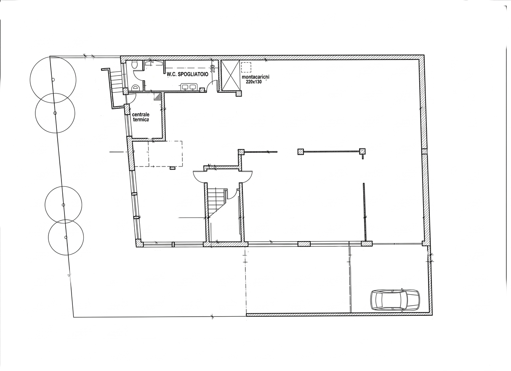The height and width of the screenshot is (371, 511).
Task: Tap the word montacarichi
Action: [x=255, y=77]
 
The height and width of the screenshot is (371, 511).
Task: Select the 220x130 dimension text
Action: [x=254, y=81]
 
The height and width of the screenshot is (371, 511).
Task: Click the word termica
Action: [x=141, y=119]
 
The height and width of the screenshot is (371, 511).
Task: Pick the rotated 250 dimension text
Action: [x=213, y=69]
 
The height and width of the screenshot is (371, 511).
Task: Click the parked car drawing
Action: [x=395, y=300]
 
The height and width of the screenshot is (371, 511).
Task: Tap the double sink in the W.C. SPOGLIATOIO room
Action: [x=189, y=87]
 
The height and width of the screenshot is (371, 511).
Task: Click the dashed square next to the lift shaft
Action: [x=246, y=67]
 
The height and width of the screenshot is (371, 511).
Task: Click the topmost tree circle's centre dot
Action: [x=53, y=80]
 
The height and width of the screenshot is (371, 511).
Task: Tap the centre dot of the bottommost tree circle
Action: [x=66, y=237]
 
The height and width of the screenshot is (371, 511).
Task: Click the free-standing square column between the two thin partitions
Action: [x=301, y=152]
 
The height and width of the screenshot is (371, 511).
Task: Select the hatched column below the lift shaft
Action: [x=239, y=93]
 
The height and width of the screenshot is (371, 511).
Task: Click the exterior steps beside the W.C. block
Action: [x=116, y=81]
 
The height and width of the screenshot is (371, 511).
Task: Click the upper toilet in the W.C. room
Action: [x=135, y=65]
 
